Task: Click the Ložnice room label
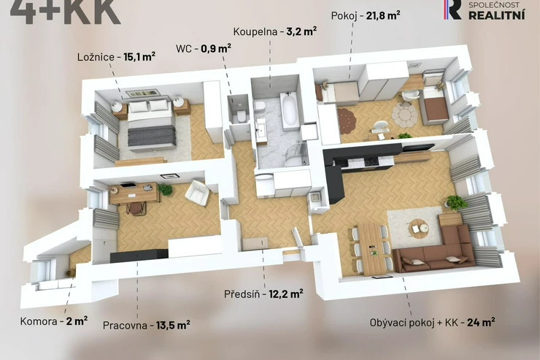(96, 57)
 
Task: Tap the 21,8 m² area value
(383, 15)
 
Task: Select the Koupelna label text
(255, 31)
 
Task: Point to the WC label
(183, 49)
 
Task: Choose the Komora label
(39, 321)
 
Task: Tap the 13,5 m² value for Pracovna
(173, 325)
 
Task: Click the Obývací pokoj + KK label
(414, 323)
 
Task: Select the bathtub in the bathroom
(289, 110)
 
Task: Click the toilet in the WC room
(242, 115)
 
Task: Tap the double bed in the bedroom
(150, 124)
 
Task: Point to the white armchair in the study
(196, 194)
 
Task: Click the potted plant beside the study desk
(166, 190)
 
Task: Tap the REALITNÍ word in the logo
(497, 15)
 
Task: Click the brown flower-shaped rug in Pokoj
(346, 119)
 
